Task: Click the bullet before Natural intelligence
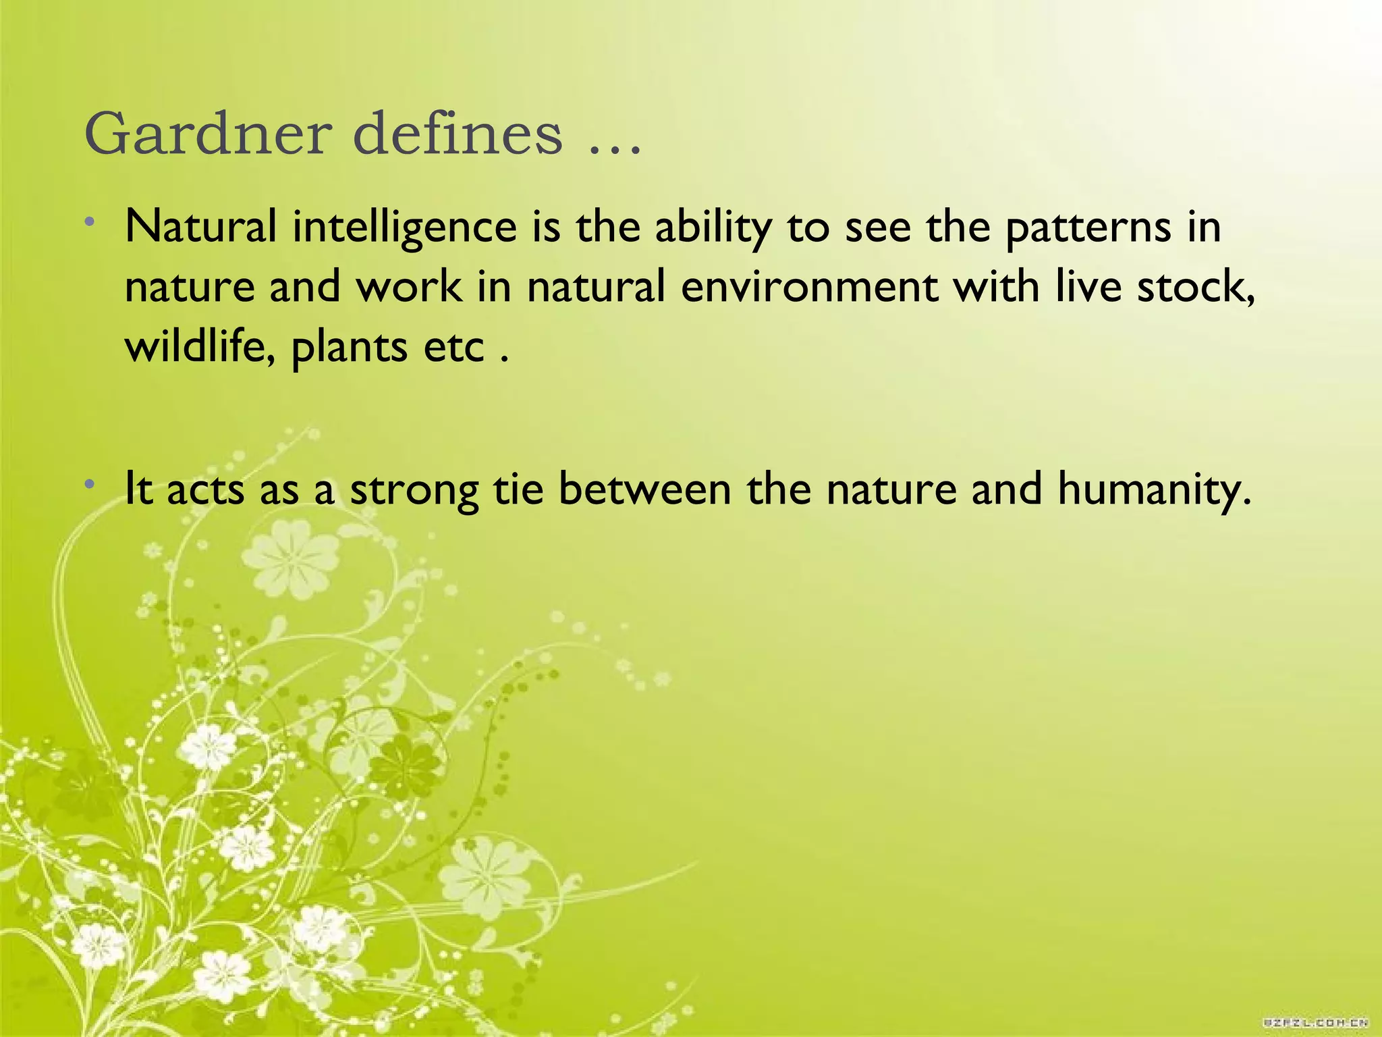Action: coord(90,222)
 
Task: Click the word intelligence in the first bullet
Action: coord(404,228)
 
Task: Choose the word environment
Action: coord(809,286)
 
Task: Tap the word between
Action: coord(645,489)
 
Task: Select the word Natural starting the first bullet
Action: coord(201,227)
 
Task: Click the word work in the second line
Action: coord(409,286)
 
